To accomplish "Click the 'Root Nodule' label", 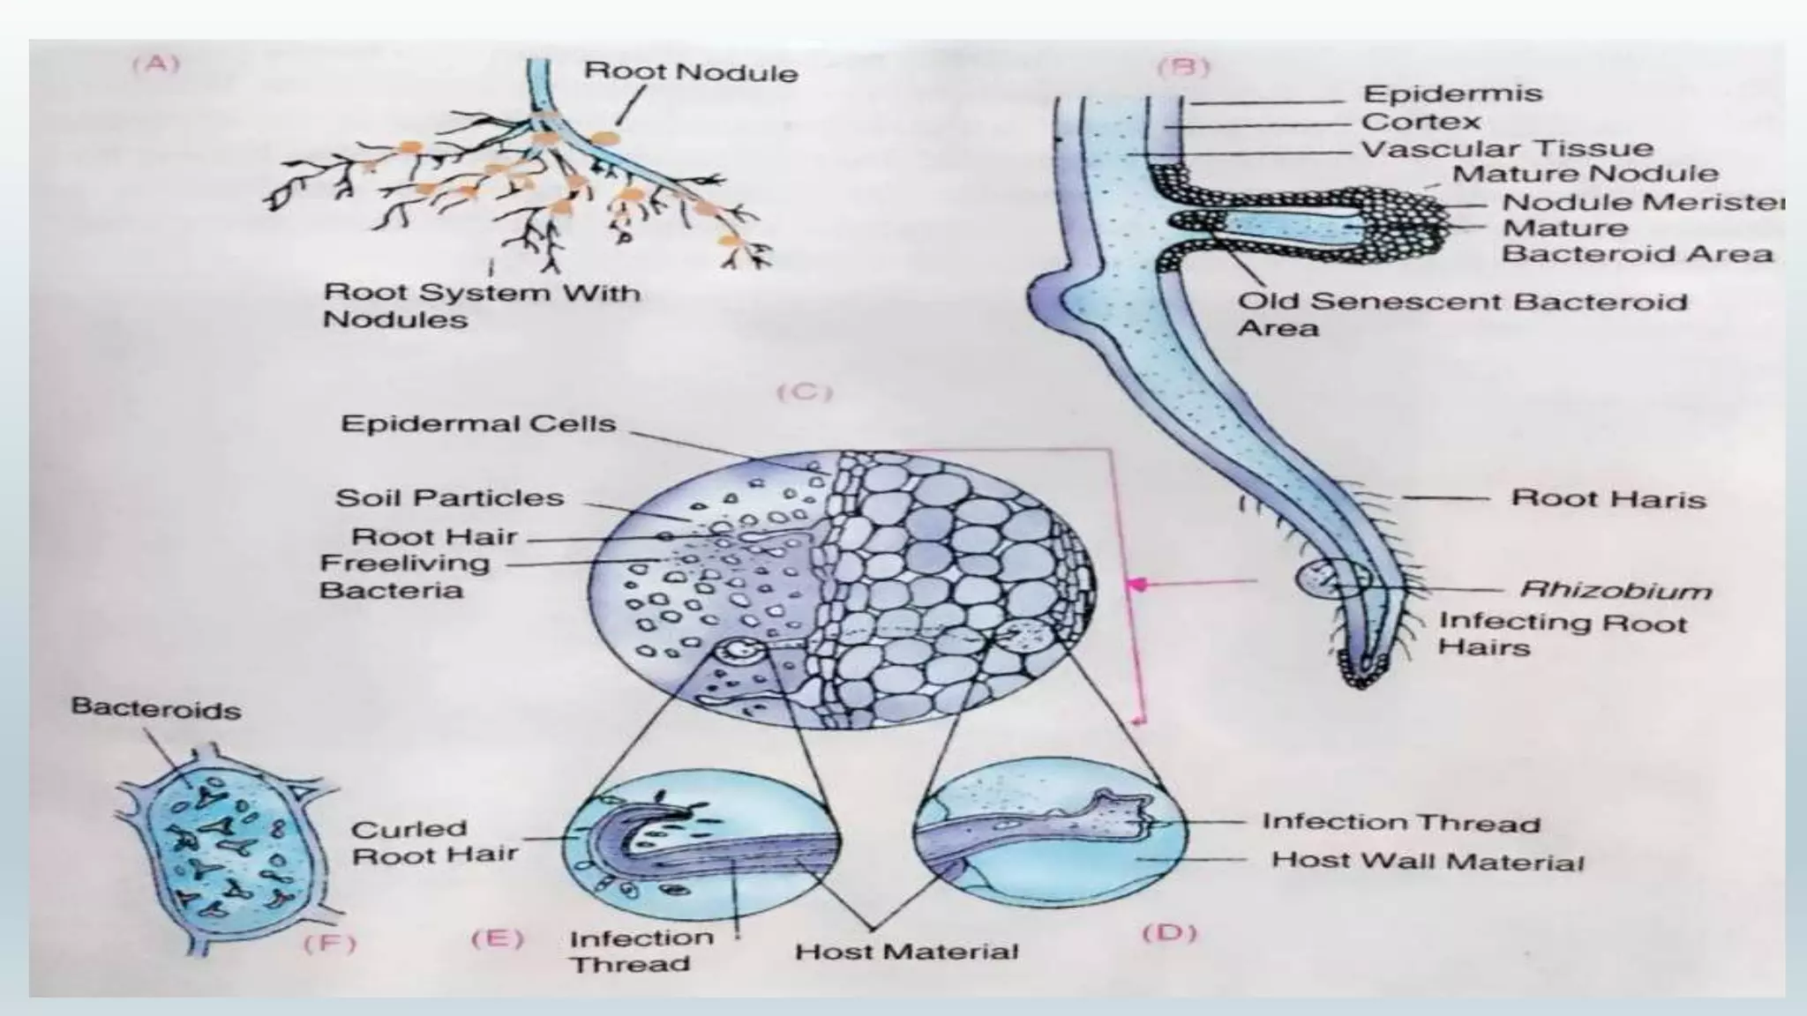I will pyautogui.click(x=691, y=71).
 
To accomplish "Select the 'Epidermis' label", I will pyautogui.click(x=1451, y=93).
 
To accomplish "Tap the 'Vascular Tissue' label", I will pyautogui.click(x=1507, y=148).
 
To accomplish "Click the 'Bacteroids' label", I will pyautogui.click(x=155, y=708).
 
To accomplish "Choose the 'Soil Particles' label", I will pyautogui.click(x=449, y=498).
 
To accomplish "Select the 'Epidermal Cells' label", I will pyautogui.click(x=477, y=424).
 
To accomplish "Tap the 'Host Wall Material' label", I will pyautogui.click(x=1427, y=861).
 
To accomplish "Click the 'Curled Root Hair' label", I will pyautogui.click(x=434, y=841).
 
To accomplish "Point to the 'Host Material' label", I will pyautogui.click(x=906, y=952).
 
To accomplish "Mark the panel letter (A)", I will pyautogui.click(x=156, y=63).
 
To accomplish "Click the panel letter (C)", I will pyautogui.click(x=804, y=392).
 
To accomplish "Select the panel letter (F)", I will pyautogui.click(x=329, y=945).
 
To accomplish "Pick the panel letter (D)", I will pyautogui.click(x=1169, y=932).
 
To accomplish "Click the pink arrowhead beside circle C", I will pyautogui.click(x=1139, y=583).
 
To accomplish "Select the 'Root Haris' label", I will pyautogui.click(x=1608, y=499).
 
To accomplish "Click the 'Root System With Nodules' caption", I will pyautogui.click(x=482, y=305).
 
